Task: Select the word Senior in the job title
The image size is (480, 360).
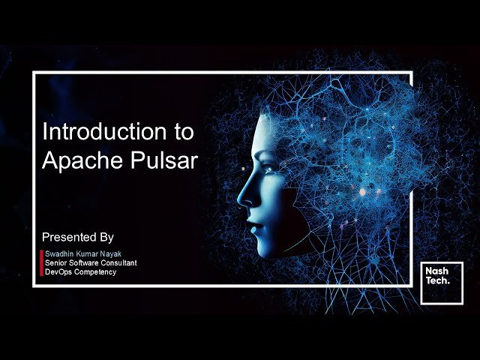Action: click(58, 263)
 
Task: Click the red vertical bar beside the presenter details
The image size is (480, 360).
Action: click(41, 263)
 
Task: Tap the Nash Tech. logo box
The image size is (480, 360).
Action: click(441, 283)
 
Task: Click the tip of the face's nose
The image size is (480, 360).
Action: click(241, 200)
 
